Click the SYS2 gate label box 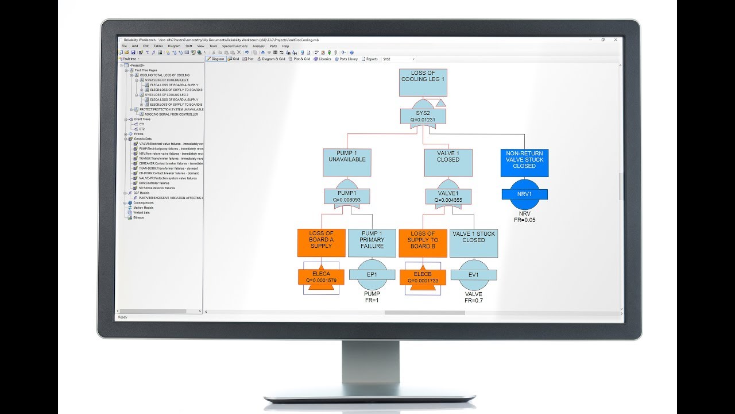pos(422,116)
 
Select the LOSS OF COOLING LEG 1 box pos(423,83)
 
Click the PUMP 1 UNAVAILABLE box pos(347,163)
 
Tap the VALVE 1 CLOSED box pos(448,163)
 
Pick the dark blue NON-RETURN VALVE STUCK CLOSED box pos(524,163)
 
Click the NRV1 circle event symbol pos(524,194)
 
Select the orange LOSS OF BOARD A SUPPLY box pos(321,243)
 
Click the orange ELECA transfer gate pos(321,277)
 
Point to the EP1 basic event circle pos(372,275)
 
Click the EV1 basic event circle pos(473,275)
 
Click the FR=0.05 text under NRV pos(524,220)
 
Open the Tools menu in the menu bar pos(213,46)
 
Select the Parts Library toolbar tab pos(346,59)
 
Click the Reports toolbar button pos(369,59)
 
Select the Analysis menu pos(258,46)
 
